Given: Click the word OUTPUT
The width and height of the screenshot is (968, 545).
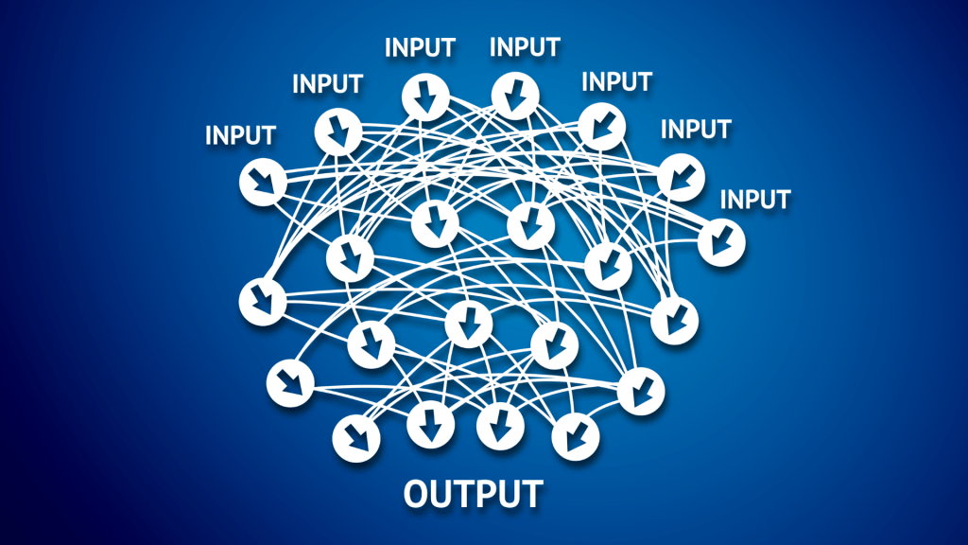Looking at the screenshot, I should click(473, 493).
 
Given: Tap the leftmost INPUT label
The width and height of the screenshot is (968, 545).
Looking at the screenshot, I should click(240, 135).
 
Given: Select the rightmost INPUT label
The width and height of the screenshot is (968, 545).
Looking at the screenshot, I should click(754, 200).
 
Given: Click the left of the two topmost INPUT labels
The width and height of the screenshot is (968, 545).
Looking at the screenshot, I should click(420, 46).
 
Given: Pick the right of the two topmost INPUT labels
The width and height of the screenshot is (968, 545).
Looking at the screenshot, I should click(525, 46).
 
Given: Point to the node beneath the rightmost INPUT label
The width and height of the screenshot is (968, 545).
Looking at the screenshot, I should click(722, 241).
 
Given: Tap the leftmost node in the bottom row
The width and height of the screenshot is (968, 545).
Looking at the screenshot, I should click(356, 436).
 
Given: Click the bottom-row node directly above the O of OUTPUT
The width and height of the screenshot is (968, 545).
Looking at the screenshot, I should click(430, 427).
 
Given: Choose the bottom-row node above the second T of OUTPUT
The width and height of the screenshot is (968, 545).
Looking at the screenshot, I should click(500, 427).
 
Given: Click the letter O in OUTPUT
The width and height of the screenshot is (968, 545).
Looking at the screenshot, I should click(417, 493).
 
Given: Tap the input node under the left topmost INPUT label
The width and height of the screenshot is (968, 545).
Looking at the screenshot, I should click(424, 97).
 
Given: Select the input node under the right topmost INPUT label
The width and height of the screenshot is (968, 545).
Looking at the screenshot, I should click(515, 97).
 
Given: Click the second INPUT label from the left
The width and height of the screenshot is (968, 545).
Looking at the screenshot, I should click(327, 83).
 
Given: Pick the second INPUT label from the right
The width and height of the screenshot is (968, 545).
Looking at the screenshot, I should click(695, 128).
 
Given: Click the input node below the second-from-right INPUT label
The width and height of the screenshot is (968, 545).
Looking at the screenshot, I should click(681, 176).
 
